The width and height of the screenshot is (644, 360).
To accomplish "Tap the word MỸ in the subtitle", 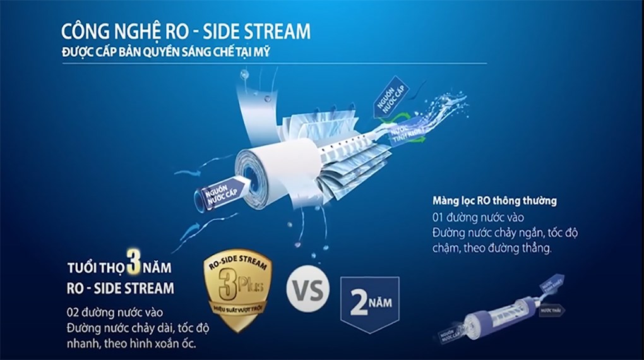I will click(x=262, y=52).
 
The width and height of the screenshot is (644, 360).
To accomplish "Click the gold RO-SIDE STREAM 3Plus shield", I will click(x=238, y=287).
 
